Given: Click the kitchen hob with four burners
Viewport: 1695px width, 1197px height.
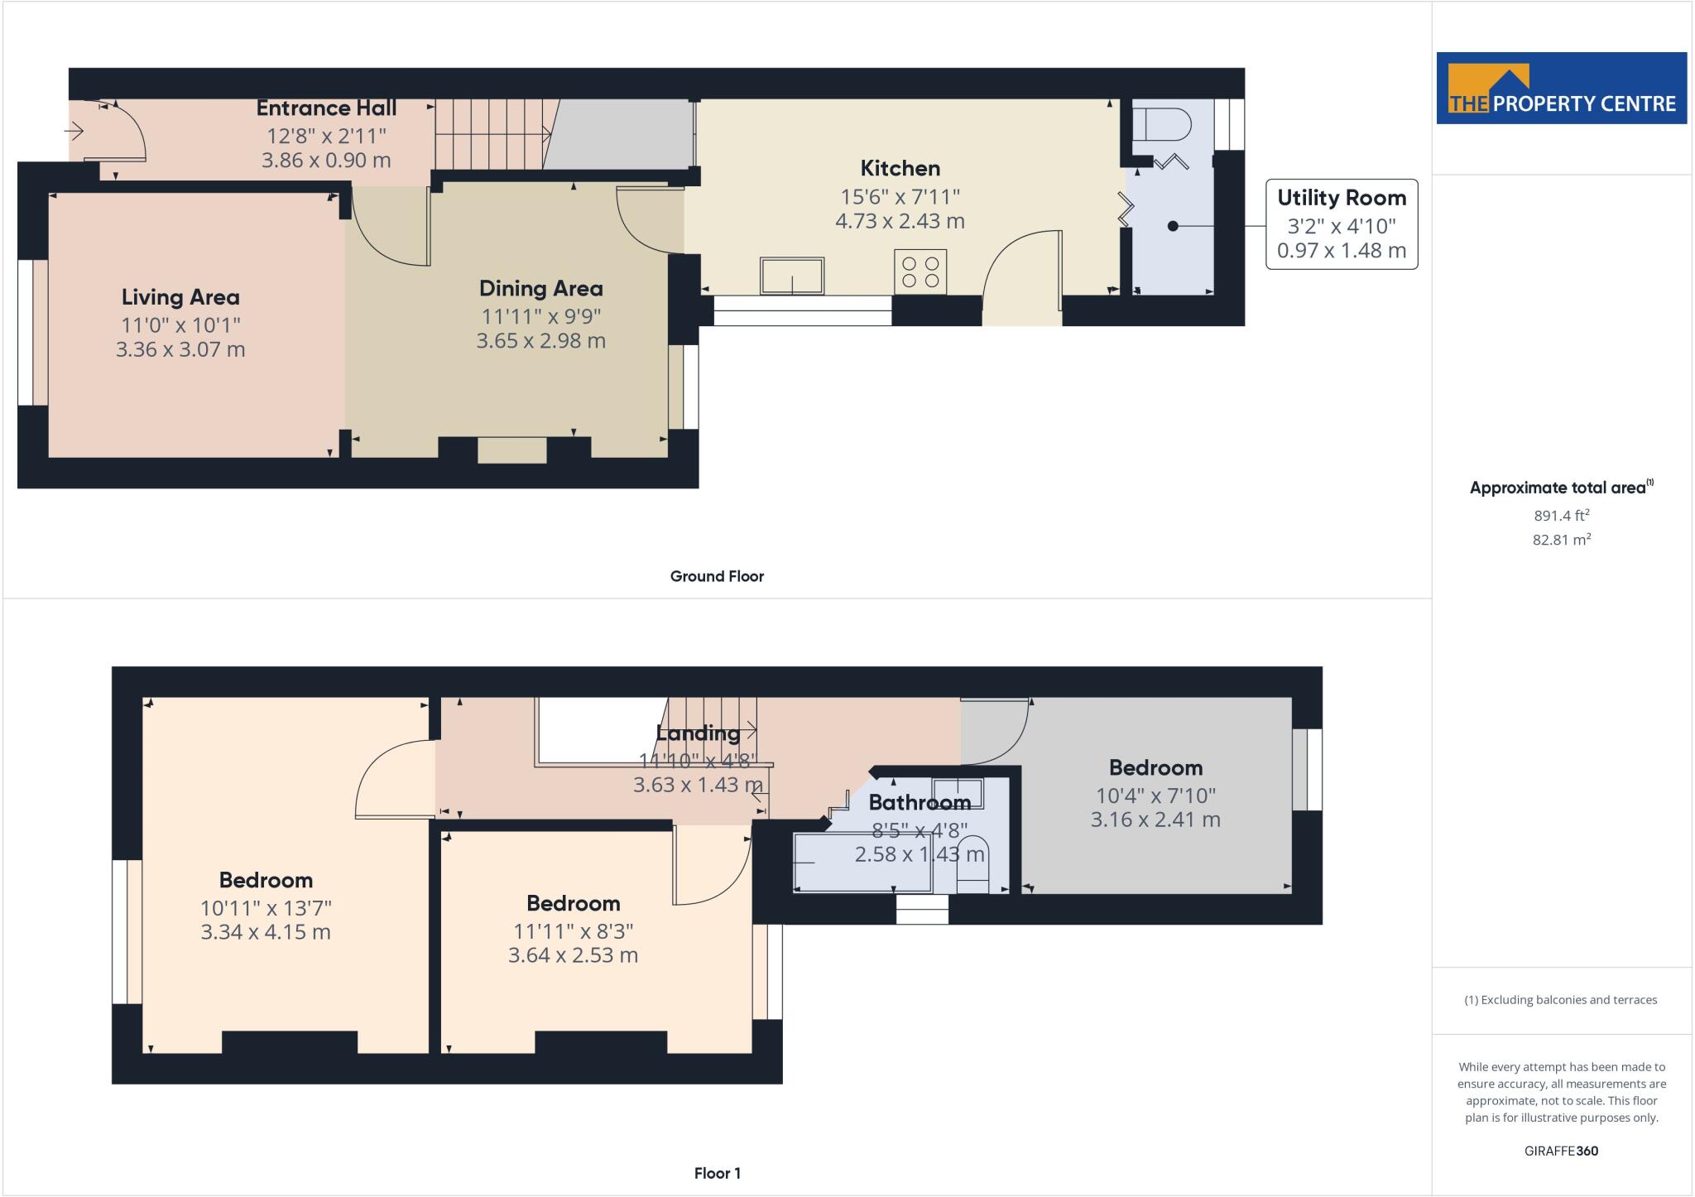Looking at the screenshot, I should (x=920, y=272).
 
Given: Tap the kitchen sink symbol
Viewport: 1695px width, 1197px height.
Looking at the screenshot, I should (x=792, y=276).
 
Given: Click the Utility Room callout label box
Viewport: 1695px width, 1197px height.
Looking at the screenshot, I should (x=1341, y=224).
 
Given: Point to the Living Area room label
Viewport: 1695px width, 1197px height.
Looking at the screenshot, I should (x=180, y=297).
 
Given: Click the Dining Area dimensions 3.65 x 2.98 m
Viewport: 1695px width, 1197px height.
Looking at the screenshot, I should (x=540, y=341).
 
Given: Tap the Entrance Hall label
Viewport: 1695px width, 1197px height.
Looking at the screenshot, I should (x=326, y=108).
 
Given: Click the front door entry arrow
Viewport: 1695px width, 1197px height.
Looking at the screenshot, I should (x=74, y=131).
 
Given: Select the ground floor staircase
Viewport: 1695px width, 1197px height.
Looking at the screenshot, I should (x=490, y=134).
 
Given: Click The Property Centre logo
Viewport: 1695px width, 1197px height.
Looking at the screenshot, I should (x=1561, y=89).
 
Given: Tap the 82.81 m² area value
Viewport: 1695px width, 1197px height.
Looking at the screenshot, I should (x=1562, y=540).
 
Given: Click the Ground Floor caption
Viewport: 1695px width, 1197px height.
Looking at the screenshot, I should (x=717, y=576).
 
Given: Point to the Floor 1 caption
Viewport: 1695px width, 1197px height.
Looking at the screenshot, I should (x=717, y=1173).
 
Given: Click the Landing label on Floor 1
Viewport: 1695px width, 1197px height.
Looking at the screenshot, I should (x=698, y=733).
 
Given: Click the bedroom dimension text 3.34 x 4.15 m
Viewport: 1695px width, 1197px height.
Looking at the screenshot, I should (x=266, y=932).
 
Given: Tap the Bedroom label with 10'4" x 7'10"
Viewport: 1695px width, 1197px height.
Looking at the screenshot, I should (x=1155, y=767).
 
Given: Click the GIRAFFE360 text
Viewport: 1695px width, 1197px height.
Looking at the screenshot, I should (x=1561, y=1151).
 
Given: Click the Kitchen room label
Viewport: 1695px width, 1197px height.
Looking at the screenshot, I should (x=900, y=169).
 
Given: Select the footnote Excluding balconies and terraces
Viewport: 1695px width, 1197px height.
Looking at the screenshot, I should (x=1561, y=1000).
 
